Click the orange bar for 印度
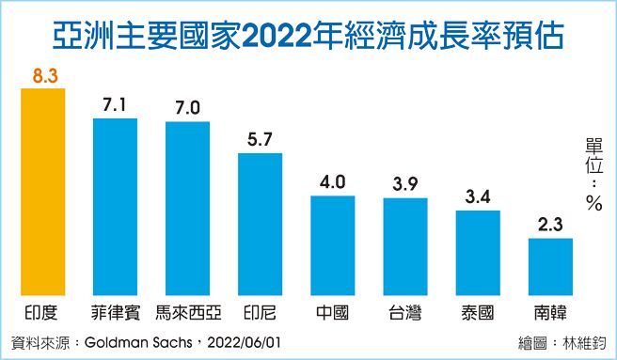pyautogui.click(x=40, y=192)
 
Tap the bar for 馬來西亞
pyautogui.click(x=187, y=208)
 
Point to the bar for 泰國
pyautogui.click(x=478, y=253)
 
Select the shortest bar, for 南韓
pyautogui.click(x=550, y=267)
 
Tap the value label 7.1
pyautogui.click(x=116, y=104)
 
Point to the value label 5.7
pyautogui.click(x=261, y=138)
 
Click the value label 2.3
pyautogui.click(x=550, y=225)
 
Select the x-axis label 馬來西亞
pyautogui.click(x=187, y=311)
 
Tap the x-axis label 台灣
pyautogui.click(x=404, y=311)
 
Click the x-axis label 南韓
pyautogui.click(x=550, y=311)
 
